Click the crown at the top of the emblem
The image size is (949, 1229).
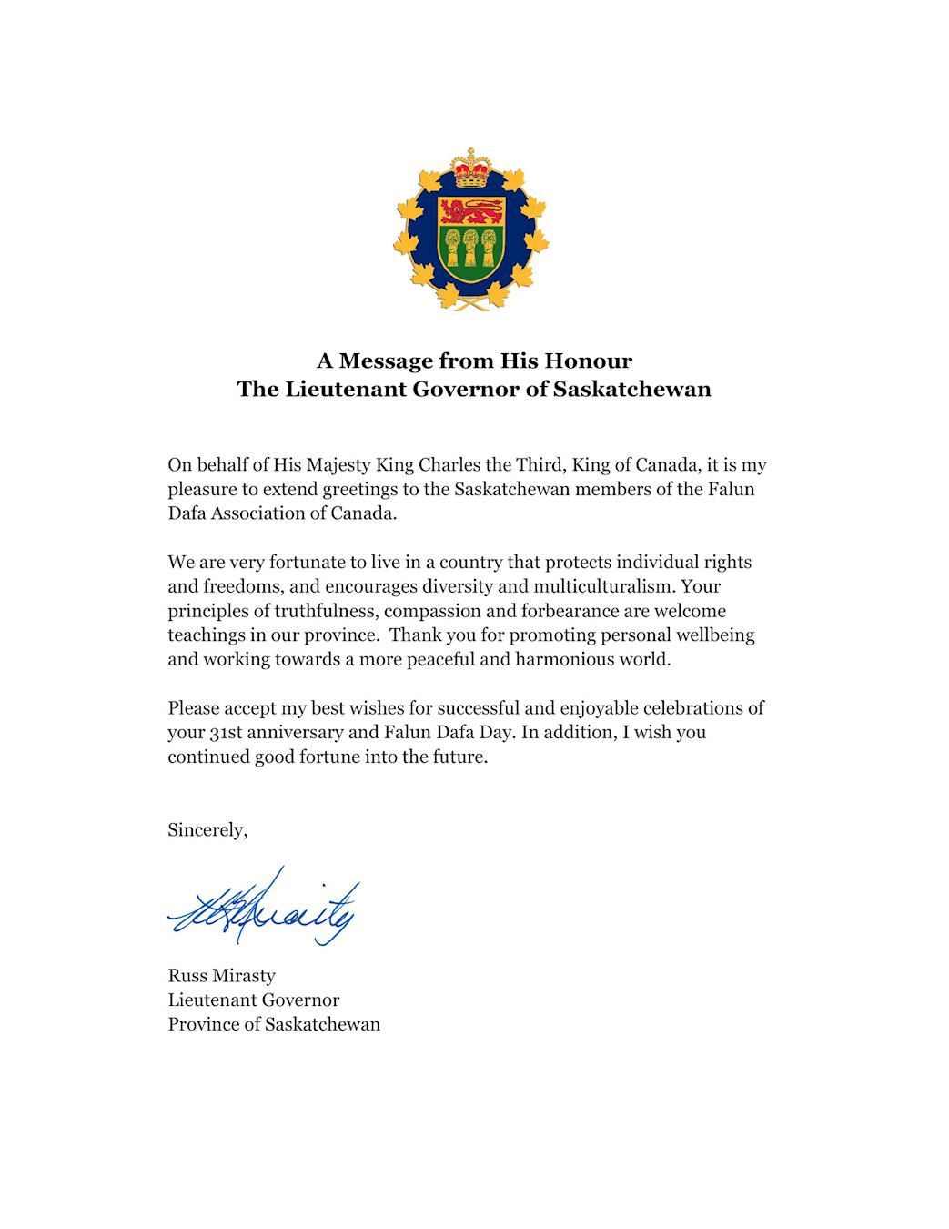pyautogui.click(x=471, y=168)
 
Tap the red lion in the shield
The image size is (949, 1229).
pyautogui.click(x=471, y=212)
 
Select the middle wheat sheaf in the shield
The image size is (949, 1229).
pyautogui.click(x=471, y=247)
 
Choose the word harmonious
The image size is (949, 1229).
pyautogui.click(x=562, y=659)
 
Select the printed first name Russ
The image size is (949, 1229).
pyautogui.click(x=188, y=976)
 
